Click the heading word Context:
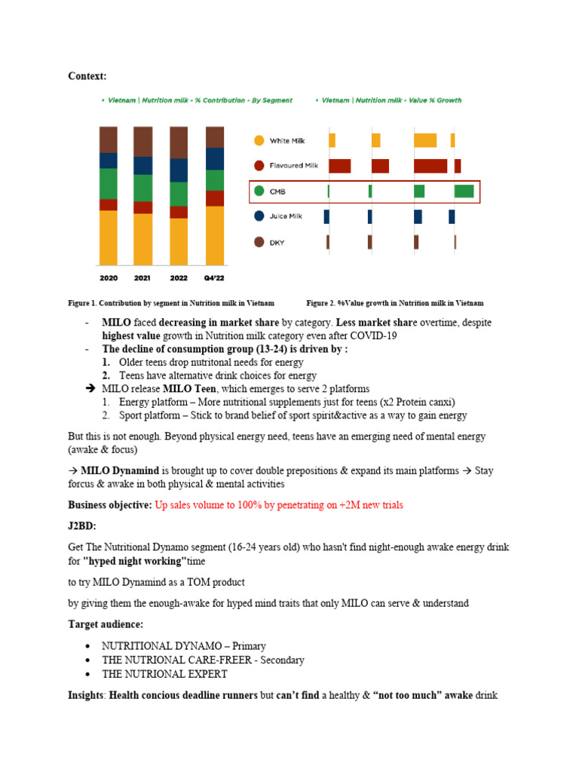tap(87, 76)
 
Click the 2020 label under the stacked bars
tap(109, 278)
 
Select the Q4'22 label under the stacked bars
tap(214, 278)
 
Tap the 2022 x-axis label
tap(179, 278)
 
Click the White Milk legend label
tap(287, 141)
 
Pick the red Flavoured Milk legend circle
tap(259, 166)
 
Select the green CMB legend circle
tap(259, 191)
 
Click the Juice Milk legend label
tap(286, 216)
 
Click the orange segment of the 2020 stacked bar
tap(109, 237)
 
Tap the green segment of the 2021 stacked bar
tap(143, 188)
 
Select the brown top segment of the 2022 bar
tap(179, 142)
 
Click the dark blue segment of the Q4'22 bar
tap(214, 158)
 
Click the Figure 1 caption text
tap(171, 303)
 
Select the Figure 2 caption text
tap(394, 303)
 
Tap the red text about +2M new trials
tap(278, 504)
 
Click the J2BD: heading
tap(84, 525)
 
